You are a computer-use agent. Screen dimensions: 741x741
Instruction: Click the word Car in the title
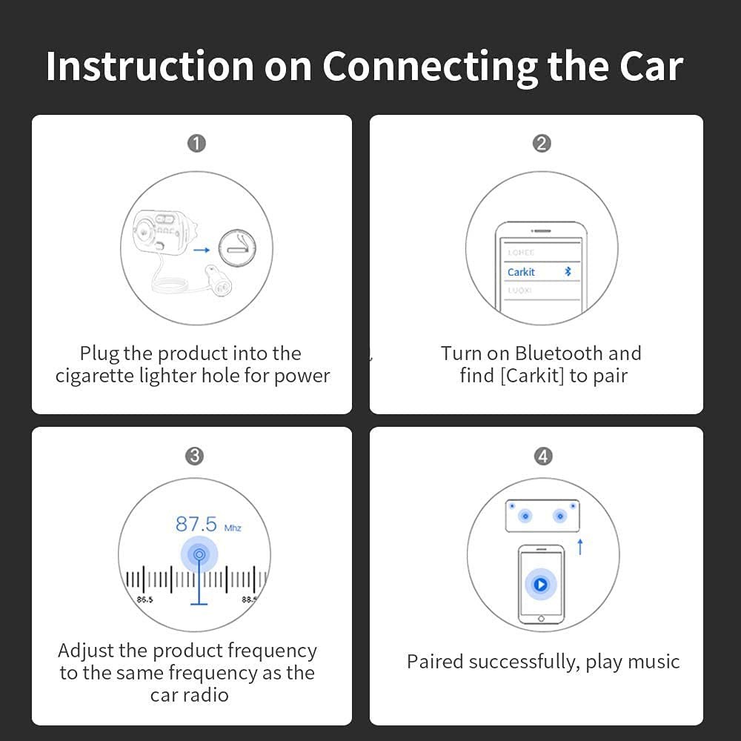(643, 67)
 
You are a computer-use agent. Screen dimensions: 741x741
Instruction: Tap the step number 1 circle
(196, 143)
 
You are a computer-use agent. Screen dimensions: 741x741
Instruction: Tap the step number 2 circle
(542, 143)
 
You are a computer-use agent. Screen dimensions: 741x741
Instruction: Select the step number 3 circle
(194, 456)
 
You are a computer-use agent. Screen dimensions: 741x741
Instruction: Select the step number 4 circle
(543, 456)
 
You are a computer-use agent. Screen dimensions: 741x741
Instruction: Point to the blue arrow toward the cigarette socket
(201, 250)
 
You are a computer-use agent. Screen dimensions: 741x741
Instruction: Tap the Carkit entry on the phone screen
(522, 272)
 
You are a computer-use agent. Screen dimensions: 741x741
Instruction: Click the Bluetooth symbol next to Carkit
(568, 272)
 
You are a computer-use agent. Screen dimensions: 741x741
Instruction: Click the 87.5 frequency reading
(196, 525)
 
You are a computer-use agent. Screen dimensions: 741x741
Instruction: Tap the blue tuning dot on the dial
(199, 554)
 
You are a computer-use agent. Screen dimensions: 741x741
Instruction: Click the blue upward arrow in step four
(580, 547)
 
